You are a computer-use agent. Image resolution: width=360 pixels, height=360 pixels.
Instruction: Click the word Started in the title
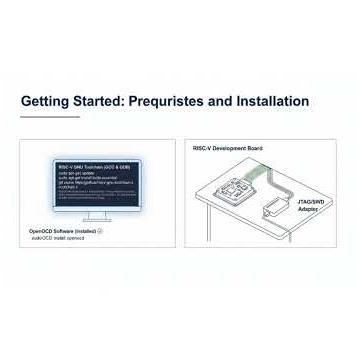(99, 102)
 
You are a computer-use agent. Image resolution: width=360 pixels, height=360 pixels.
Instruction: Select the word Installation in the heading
(273, 102)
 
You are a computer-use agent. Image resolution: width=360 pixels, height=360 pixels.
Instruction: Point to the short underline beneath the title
(50, 117)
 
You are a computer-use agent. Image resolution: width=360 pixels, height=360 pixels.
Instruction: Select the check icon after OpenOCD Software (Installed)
(102, 231)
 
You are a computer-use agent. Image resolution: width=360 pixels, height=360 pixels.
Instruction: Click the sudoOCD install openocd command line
(58, 238)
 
